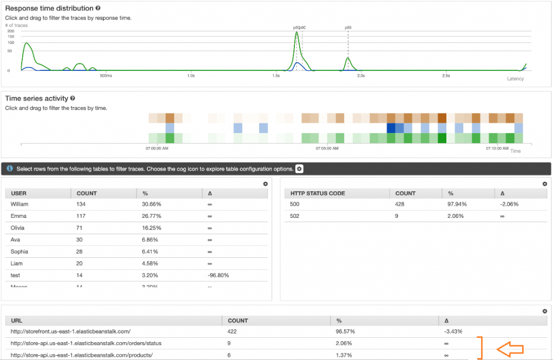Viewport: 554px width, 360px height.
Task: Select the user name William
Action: (x=19, y=204)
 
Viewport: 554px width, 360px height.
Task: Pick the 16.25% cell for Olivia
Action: (x=151, y=228)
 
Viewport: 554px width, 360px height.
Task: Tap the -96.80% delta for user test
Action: (x=219, y=275)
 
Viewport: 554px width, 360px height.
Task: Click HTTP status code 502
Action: (x=295, y=216)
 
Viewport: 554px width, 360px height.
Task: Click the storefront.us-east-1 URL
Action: (x=71, y=331)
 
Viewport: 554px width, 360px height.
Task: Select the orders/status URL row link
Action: (x=86, y=343)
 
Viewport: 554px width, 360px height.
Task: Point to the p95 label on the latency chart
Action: (x=348, y=27)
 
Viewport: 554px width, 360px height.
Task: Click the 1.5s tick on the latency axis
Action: (x=276, y=76)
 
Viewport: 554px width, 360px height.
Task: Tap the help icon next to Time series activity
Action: (x=72, y=98)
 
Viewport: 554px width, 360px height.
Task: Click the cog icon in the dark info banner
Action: (x=299, y=169)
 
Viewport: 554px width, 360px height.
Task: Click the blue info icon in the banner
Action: (x=10, y=169)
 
